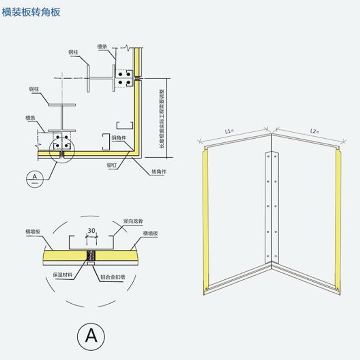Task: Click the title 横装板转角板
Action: (31, 12)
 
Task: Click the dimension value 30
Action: (91, 231)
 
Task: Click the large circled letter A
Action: (91, 335)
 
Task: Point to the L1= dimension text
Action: (229, 131)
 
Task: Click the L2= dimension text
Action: (315, 131)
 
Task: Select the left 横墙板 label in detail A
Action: (34, 231)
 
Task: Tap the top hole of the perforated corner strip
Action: (269, 156)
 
